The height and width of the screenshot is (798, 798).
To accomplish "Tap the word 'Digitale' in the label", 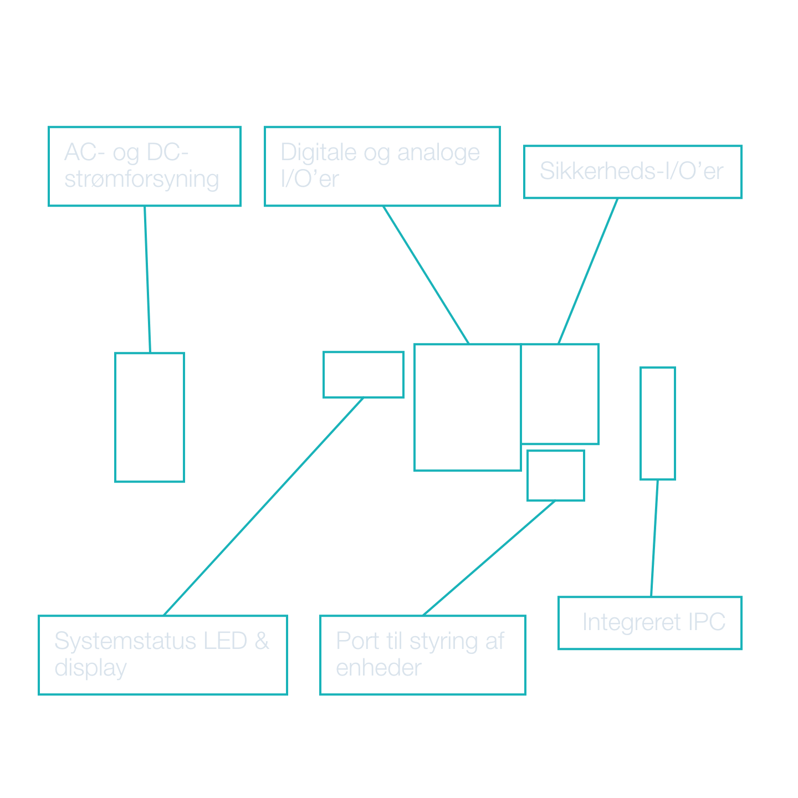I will coord(318,152).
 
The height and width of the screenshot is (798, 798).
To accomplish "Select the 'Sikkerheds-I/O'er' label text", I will coord(631,171).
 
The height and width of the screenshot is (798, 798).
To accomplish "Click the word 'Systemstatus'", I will coord(125,641).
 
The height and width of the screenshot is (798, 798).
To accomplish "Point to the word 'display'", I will coord(90,668).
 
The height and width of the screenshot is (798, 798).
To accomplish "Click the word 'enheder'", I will coord(378,668).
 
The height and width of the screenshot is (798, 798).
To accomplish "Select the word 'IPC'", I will coord(707,622).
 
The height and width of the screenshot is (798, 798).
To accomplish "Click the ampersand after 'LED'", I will coord(262,641).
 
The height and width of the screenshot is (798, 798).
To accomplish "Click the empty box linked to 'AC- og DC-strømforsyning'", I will coord(150,417).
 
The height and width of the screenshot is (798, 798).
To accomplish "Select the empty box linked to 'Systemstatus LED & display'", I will coord(364,375).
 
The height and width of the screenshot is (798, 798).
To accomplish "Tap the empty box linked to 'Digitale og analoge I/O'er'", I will coord(467,407).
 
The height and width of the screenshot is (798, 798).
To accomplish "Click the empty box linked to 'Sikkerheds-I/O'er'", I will coord(560,394).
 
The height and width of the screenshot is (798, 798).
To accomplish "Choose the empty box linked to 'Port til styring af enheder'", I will coord(556,476).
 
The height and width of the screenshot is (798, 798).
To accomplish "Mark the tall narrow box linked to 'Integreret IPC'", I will coord(658,423).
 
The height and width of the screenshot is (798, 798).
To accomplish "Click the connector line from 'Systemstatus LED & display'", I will coord(263,507).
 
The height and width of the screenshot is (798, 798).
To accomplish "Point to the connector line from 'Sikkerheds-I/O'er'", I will coord(588,271).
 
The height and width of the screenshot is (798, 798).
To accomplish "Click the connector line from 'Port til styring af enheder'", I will coord(489,558).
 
